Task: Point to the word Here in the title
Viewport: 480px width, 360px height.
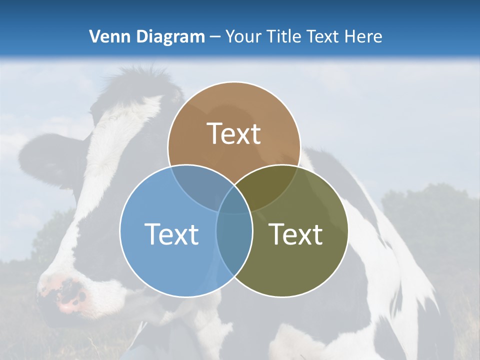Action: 365,36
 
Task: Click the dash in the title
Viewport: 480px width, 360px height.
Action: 215,37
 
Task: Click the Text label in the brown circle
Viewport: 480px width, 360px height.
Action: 234,133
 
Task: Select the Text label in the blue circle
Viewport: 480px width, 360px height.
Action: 171,233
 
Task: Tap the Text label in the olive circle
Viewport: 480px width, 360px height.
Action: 296,233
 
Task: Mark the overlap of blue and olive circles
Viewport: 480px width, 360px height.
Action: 234,240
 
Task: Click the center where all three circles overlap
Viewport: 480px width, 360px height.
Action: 234,200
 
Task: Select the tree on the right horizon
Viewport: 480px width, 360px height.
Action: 430,210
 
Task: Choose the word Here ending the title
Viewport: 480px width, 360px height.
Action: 365,36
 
